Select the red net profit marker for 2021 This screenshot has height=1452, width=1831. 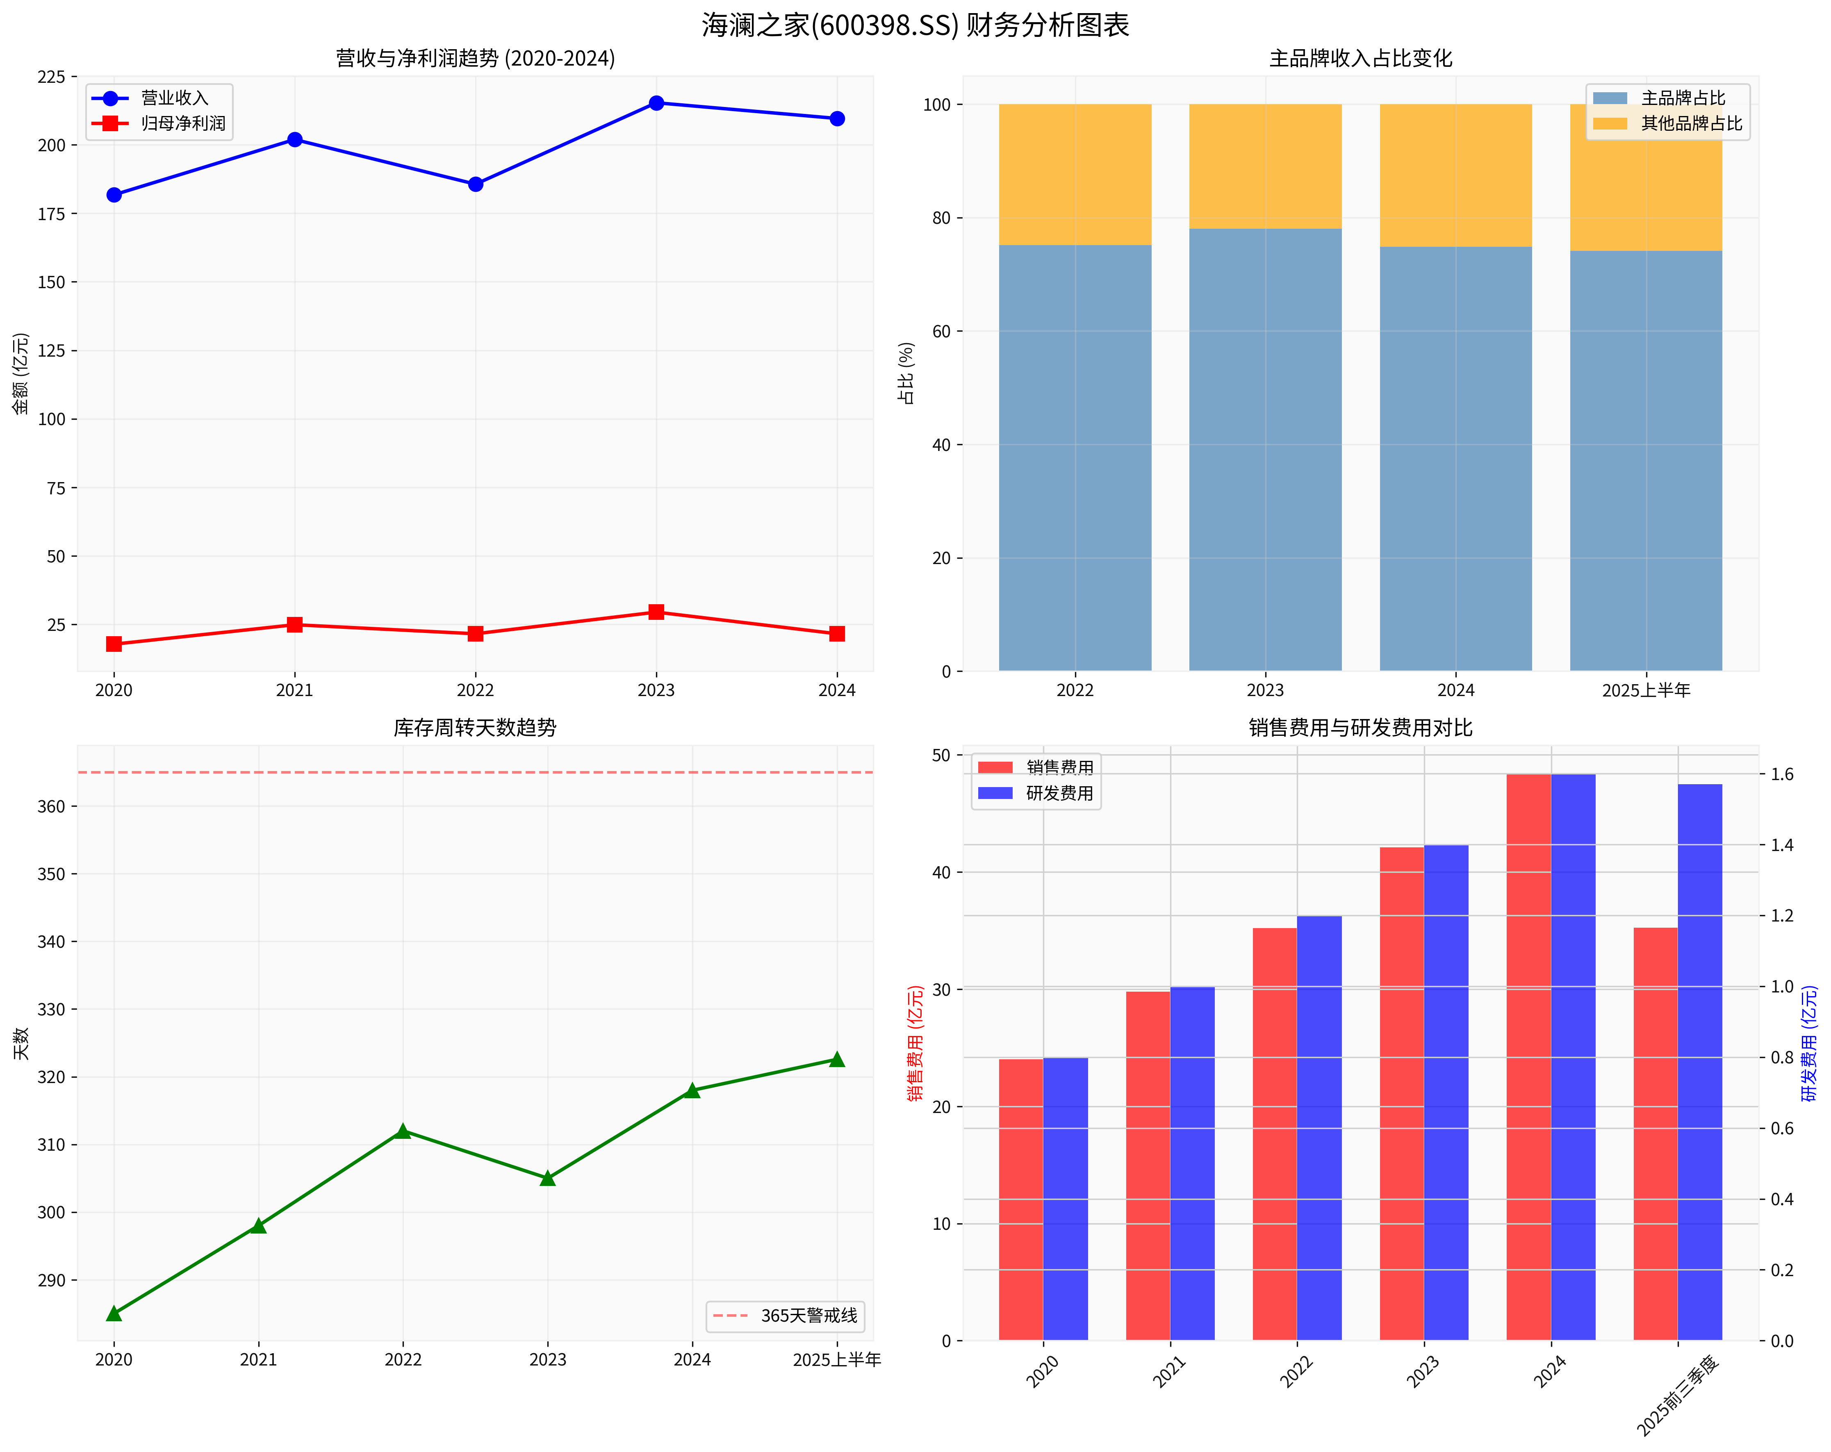(x=295, y=625)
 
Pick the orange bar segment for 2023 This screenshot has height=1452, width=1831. (x=1264, y=166)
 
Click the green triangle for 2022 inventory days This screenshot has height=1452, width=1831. (x=403, y=1131)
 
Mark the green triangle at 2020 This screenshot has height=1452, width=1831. (x=114, y=1313)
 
